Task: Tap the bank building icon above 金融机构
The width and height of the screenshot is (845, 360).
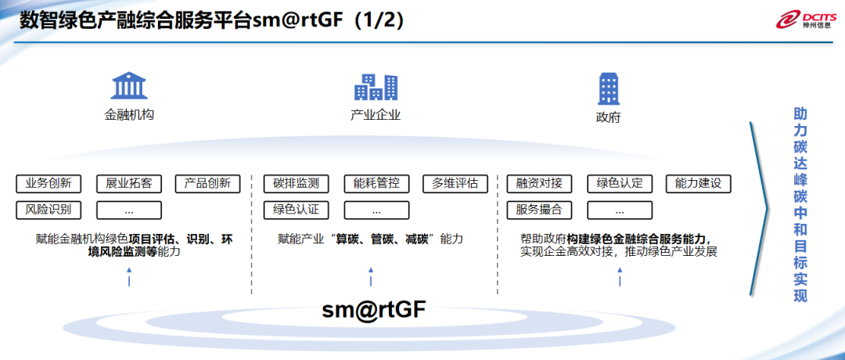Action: [129, 86]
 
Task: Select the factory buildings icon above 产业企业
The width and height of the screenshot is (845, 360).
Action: [376, 86]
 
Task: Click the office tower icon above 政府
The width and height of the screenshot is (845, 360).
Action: [609, 88]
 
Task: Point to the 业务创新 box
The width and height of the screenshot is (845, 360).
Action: [49, 184]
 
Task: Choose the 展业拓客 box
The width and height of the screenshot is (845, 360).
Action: [129, 184]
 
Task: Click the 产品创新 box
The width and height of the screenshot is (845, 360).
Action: [207, 184]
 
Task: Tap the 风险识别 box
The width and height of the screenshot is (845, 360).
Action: [49, 210]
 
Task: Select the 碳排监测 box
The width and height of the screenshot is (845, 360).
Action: [297, 184]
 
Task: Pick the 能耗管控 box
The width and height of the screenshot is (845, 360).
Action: [376, 184]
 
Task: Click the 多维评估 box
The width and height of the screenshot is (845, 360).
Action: [455, 184]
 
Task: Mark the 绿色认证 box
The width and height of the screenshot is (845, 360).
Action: [297, 210]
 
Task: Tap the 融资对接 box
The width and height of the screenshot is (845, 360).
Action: [540, 184]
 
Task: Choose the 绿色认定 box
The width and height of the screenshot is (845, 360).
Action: [620, 184]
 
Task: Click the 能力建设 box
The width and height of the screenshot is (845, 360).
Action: [699, 184]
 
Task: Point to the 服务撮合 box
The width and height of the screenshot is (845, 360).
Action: [540, 210]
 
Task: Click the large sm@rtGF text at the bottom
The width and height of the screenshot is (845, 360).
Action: [375, 311]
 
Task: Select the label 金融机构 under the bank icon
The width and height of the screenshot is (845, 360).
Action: [129, 114]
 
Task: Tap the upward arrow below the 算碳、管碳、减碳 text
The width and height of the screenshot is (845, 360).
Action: [371, 275]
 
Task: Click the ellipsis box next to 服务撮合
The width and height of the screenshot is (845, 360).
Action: [620, 210]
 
